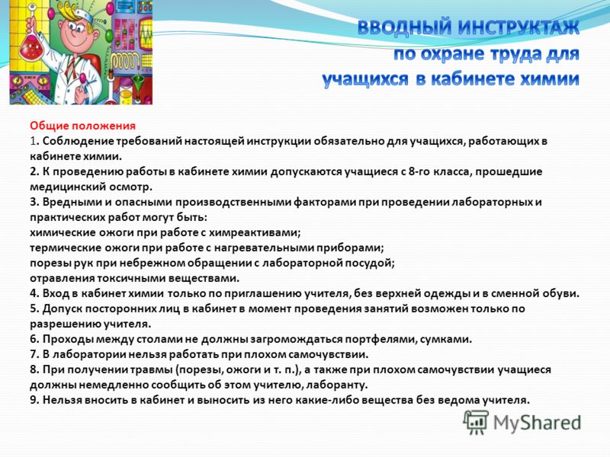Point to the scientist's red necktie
[x=70, y=69]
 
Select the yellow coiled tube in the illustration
[x=122, y=61]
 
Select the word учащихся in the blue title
[x=365, y=80]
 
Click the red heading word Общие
[x=50, y=126]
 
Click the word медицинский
[x=67, y=187]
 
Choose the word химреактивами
[x=255, y=232]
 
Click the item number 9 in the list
[x=33, y=400]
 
